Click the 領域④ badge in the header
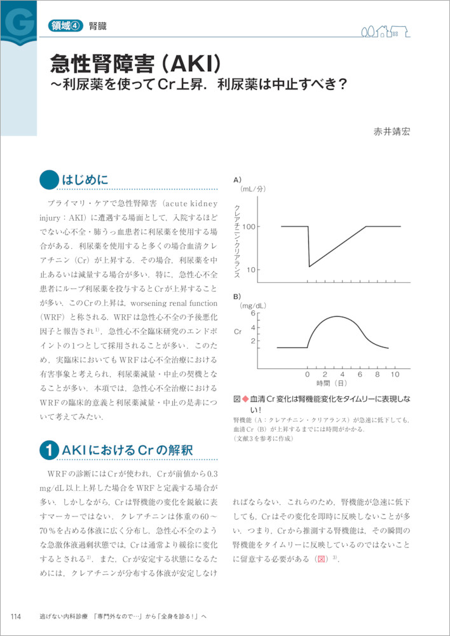[x=65, y=27]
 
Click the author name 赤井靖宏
[x=392, y=132]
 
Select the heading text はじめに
[x=85, y=181]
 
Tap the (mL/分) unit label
[x=252, y=189]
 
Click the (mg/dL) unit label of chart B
[x=254, y=306]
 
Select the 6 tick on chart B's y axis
[x=252, y=314]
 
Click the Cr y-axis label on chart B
[x=238, y=331]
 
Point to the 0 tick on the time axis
[x=308, y=374]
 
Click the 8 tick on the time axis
[x=378, y=374]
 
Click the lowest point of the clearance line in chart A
[x=309, y=266]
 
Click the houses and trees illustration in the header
[x=385, y=30]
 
